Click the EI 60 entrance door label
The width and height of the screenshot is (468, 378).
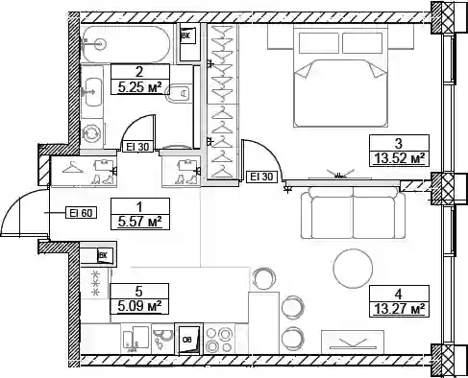82,213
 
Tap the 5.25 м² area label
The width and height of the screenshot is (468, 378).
139,87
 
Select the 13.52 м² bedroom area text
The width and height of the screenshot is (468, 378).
400,158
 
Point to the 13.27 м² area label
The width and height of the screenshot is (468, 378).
399,309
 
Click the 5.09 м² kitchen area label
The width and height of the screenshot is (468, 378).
139,307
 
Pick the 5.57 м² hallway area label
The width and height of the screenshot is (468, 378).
139,222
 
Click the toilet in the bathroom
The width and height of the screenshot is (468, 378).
179,94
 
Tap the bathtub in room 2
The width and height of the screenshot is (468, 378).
126,44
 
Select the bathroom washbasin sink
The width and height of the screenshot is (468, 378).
93,92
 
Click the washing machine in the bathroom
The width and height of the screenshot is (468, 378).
92,132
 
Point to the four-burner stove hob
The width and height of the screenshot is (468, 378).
219,340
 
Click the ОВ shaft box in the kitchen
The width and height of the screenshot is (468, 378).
189,340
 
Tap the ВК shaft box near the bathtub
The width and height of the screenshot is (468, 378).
189,42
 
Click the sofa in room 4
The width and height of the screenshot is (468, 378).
353,213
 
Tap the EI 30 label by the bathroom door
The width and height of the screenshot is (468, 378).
137,147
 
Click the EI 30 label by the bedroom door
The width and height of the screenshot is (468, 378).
261,177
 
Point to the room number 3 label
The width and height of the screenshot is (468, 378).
399,144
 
